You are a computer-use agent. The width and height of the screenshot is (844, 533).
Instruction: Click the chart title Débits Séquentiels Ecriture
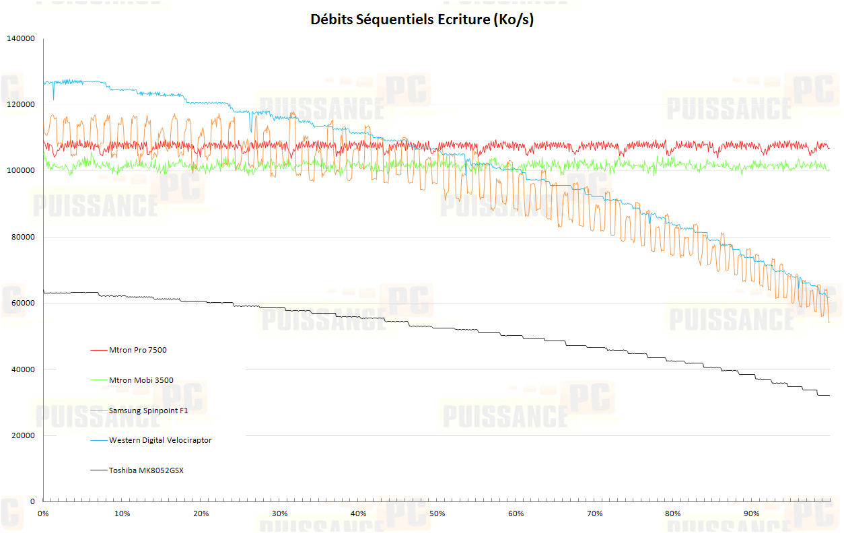point(422,20)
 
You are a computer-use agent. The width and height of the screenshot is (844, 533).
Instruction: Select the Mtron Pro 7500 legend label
point(137,350)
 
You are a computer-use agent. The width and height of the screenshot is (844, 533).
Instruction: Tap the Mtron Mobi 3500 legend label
point(141,380)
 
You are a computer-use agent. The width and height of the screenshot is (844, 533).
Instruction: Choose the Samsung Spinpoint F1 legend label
point(149,410)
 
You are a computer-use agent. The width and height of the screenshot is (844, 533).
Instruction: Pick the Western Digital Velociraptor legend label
point(160,440)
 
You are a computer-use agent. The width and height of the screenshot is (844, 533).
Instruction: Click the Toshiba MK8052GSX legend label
point(146,470)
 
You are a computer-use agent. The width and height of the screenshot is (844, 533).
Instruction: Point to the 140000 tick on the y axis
point(20,39)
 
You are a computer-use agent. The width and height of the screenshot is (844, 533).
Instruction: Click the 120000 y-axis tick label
point(20,105)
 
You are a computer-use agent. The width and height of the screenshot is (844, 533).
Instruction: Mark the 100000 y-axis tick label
point(20,171)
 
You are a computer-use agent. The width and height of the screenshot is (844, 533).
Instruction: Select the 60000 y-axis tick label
point(22,304)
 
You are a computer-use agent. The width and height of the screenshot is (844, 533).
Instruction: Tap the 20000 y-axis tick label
point(22,436)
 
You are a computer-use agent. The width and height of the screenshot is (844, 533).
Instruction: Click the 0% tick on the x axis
point(44,514)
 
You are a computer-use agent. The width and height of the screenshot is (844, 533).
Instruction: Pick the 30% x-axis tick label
point(280,514)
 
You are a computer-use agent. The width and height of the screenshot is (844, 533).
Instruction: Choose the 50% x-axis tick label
point(437,514)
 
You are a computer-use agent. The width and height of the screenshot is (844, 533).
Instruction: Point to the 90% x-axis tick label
point(752,514)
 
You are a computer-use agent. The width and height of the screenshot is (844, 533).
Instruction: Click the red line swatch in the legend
point(98,351)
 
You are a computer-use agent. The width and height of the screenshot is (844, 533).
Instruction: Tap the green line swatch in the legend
point(98,380)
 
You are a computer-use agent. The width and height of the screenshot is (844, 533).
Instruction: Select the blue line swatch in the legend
point(98,441)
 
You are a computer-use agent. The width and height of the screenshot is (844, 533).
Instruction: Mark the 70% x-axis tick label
point(595,514)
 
